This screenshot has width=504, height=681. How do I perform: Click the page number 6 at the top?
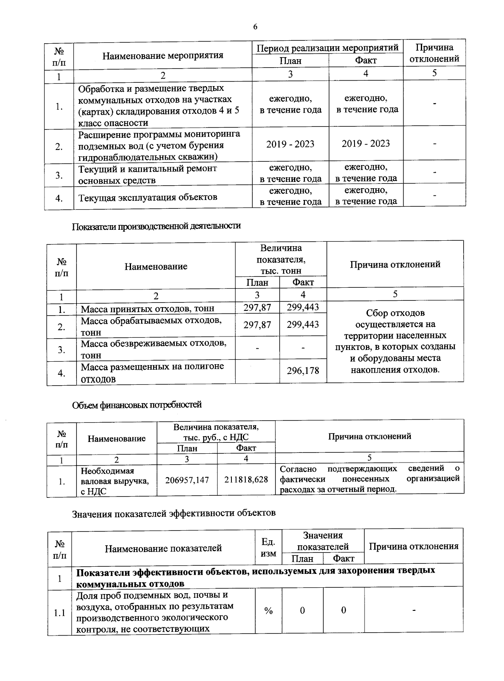click(255, 27)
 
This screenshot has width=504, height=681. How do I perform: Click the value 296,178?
click(303, 371)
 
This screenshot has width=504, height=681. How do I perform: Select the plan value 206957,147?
click(187, 480)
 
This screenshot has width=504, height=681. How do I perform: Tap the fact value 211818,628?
click(246, 479)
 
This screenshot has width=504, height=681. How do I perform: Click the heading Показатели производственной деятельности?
click(156, 226)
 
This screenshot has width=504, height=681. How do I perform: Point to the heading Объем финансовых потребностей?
click(137, 405)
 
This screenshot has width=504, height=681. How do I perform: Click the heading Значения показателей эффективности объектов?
click(174, 513)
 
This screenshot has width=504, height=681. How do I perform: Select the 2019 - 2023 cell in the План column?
click(290, 144)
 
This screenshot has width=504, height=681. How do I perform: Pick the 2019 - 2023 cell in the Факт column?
click(365, 144)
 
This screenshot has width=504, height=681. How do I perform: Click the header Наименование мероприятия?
click(163, 55)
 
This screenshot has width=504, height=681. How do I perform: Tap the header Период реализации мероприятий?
click(328, 48)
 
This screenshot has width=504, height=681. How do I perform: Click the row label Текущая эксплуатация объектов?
click(148, 197)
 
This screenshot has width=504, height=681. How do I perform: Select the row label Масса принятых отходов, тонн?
click(147, 309)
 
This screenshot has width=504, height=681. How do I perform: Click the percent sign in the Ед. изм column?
click(268, 611)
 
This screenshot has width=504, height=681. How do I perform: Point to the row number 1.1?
click(60, 613)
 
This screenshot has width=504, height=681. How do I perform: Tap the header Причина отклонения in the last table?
click(414, 546)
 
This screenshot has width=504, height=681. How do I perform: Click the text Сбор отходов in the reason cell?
click(395, 313)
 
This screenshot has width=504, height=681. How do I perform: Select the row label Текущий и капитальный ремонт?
click(147, 169)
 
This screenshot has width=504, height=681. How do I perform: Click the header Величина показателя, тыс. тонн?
click(281, 260)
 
